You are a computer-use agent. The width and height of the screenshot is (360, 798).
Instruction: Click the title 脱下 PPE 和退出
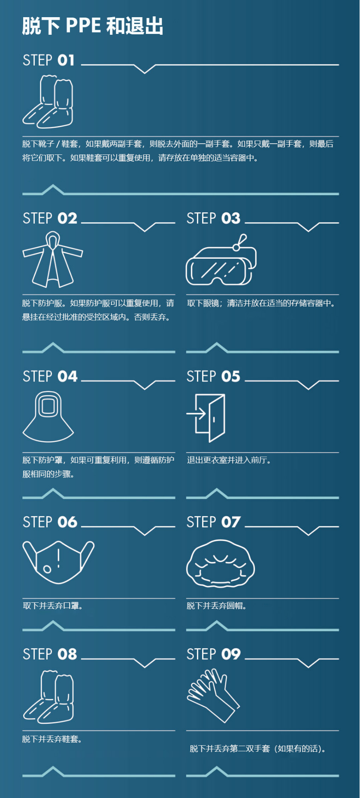pyautogui.click(x=93, y=26)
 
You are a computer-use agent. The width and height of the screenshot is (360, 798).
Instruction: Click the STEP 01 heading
pyautogui.click(x=48, y=60)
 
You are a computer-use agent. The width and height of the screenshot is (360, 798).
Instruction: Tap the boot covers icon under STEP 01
pyautogui.click(x=48, y=102)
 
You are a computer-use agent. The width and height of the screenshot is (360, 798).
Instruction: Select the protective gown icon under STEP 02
pyautogui.click(x=52, y=260)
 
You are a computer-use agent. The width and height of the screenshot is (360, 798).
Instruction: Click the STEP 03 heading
pyautogui.click(x=213, y=218)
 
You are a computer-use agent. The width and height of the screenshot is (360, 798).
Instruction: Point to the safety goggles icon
pyautogui.click(x=221, y=263)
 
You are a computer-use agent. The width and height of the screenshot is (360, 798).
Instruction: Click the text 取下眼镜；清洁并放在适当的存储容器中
pyautogui.click(x=261, y=303)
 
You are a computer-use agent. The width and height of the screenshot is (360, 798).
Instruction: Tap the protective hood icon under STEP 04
pyautogui.click(x=48, y=417)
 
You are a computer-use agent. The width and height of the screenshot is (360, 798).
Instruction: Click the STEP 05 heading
pyautogui.click(x=213, y=377)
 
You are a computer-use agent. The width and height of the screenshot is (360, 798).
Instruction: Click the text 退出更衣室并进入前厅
pyautogui.click(x=229, y=460)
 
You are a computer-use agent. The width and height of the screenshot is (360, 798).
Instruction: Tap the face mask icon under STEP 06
pyautogui.click(x=58, y=562)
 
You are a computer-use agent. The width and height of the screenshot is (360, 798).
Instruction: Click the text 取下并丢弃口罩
pyautogui.click(x=52, y=606)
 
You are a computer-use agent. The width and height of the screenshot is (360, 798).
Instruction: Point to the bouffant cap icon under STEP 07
pyautogui.click(x=220, y=563)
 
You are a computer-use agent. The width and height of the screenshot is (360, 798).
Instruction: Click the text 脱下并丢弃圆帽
pyautogui.click(x=216, y=606)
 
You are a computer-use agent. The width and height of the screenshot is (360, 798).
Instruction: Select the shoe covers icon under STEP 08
pyautogui.click(x=48, y=697)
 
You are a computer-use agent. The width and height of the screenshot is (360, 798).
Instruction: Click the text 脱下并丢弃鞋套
pyautogui.click(x=52, y=739)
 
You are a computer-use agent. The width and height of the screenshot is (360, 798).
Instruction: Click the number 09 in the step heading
pyautogui.click(x=231, y=654)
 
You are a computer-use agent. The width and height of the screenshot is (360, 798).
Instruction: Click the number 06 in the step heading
pyautogui.click(x=67, y=522)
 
